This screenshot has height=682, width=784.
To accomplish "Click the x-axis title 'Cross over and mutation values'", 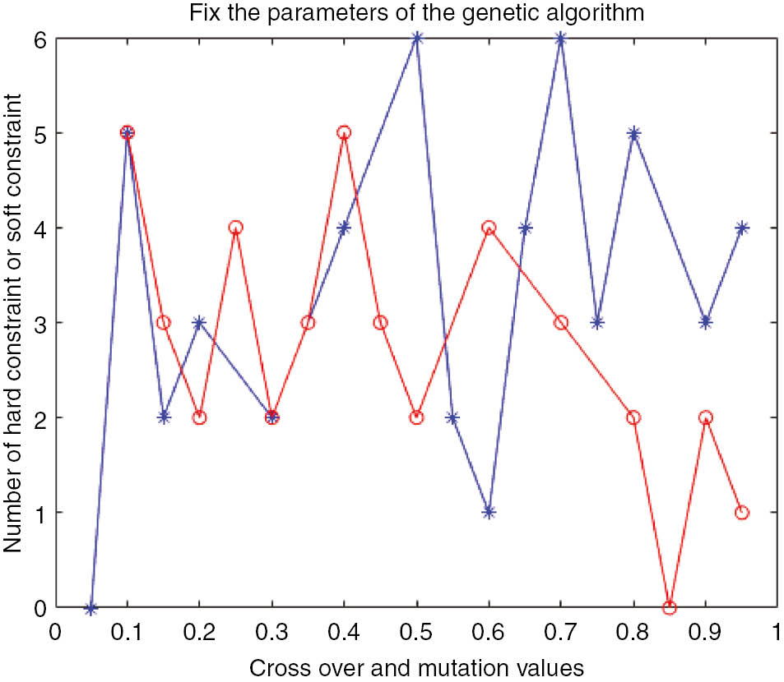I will tap(416, 666).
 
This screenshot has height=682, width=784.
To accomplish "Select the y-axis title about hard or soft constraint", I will tap(14, 322).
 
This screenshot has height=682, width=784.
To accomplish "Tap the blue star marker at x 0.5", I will tap(416, 38).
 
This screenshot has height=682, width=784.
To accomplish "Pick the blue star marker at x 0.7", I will tap(561, 38).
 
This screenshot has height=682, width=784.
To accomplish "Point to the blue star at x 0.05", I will tap(91, 608).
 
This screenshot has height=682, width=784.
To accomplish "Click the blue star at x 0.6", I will tap(489, 512).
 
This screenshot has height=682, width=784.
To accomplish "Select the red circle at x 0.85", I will tap(670, 608).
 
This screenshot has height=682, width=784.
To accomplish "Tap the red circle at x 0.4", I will tap(344, 132).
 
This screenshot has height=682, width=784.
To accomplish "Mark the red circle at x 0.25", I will tap(235, 228).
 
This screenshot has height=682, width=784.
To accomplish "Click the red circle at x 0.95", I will tap(742, 512).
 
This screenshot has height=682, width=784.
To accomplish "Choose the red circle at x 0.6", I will tap(489, 228).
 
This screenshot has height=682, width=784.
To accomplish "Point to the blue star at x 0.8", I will tap(633, 132).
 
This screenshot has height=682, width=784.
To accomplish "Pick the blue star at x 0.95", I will tap(742, 228).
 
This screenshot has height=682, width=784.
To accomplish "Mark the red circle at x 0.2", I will tap(199, 417).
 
